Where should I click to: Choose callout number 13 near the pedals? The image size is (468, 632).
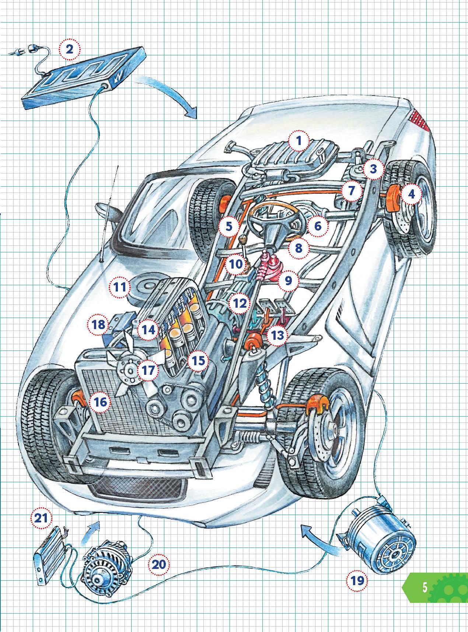click(277, 335)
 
